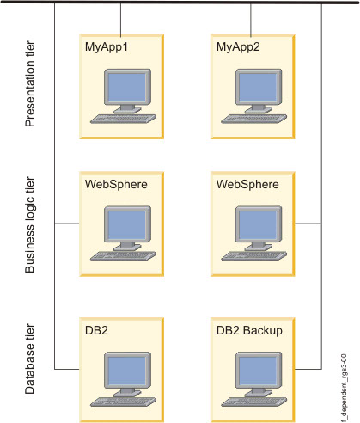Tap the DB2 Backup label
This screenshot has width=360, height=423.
(x=250, y=330)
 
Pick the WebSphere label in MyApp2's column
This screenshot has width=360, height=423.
(x=245, y=184)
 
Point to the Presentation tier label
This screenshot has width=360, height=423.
(x=31, y=86)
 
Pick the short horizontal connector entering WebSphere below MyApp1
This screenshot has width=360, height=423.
(x=66, y=224)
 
